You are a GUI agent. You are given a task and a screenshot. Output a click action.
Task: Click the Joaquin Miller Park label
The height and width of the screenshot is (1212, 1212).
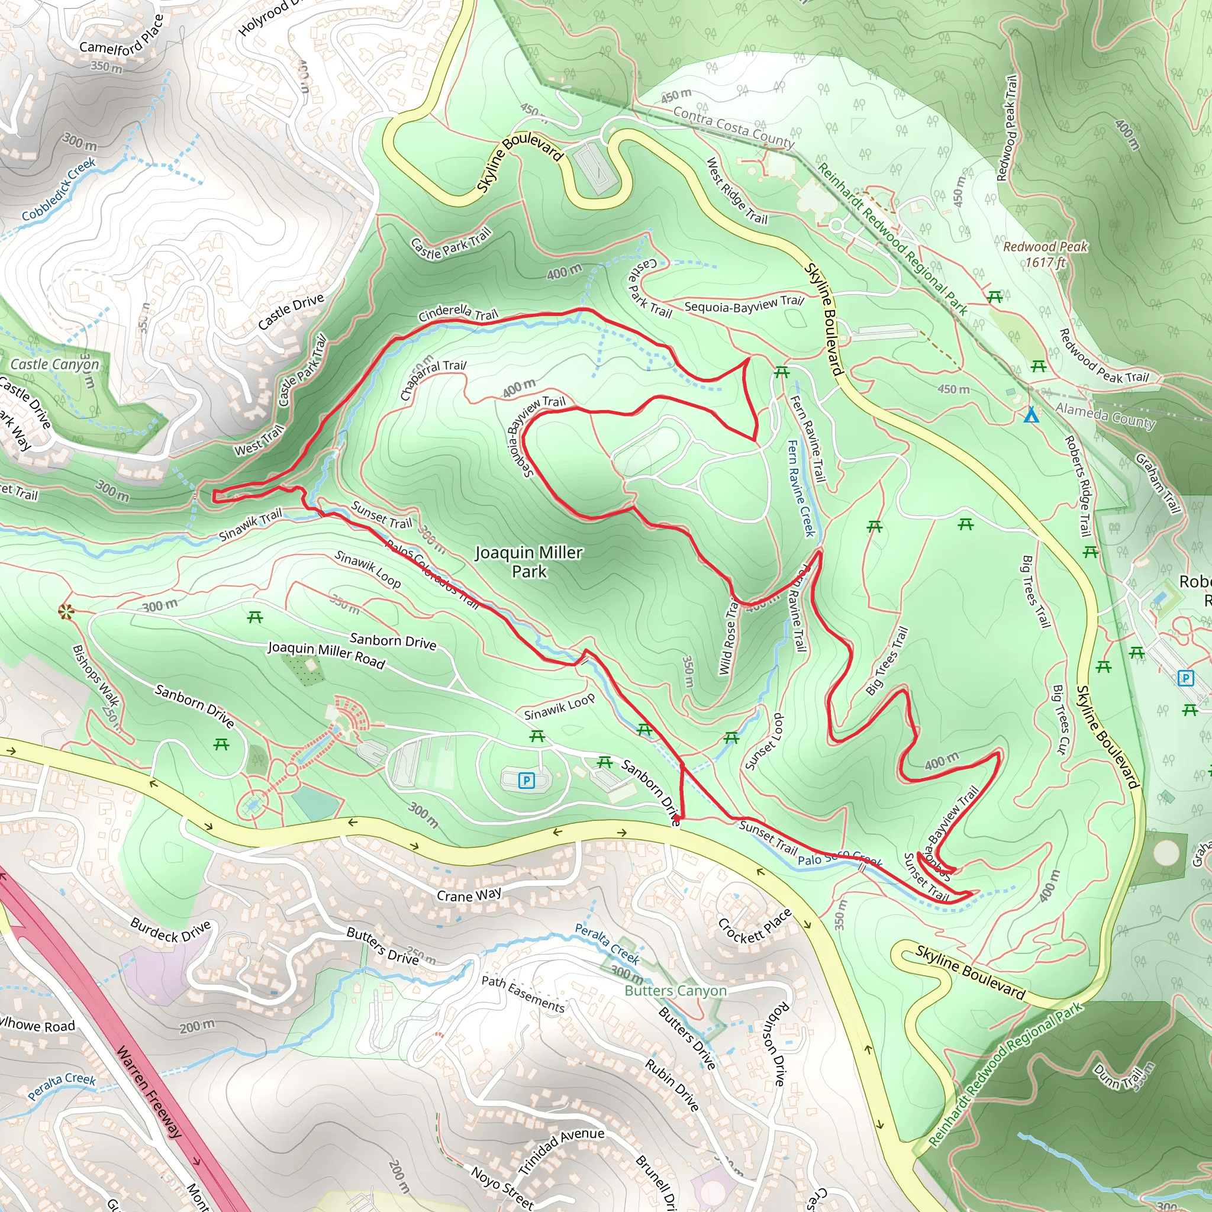pyautogui.click(x=529, y=562)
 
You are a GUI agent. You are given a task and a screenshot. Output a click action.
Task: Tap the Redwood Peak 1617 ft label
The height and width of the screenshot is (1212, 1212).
pyautogui.click(x=1045, y=254)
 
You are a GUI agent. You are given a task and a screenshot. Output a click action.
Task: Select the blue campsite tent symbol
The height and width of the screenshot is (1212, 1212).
pyautogui.click(x=1032, y=415)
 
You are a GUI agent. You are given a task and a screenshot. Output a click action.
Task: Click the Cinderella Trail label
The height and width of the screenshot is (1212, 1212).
pyautogui.click(x=458, y=312)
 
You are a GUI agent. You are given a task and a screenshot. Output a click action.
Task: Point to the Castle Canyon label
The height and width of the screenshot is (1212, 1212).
pyautogui.click(x=54, y=364)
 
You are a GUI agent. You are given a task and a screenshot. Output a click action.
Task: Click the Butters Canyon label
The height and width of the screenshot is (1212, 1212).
pyautogui.click(x=676, y=991)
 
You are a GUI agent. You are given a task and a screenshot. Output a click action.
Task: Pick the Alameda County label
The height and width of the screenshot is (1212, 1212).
pyautogui.click(x=1105, y=416)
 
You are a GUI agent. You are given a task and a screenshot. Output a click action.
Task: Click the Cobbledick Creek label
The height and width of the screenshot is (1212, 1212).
pyautogui.click(x=59, y=189)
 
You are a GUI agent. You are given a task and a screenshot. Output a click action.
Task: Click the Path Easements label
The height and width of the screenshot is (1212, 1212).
pyautogui.click(x=523, y=993)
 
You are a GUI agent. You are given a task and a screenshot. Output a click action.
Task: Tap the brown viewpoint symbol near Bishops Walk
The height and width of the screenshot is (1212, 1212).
pyautogui.click(x=65, y=611)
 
